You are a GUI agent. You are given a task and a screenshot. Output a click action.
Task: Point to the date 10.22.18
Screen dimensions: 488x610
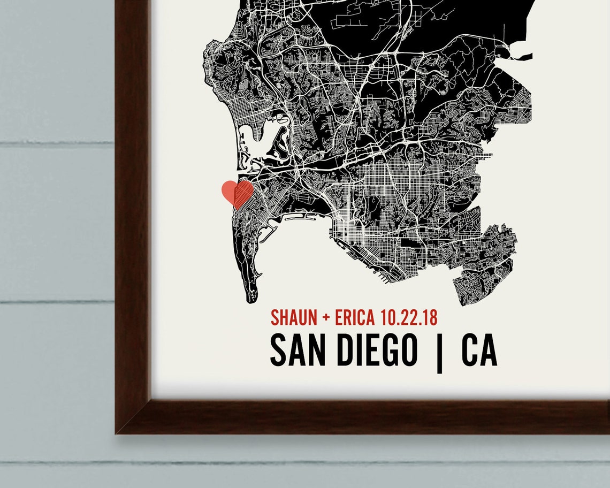click(408, 317)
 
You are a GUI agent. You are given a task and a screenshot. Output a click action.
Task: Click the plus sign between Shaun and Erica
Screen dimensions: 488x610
click(326, 318)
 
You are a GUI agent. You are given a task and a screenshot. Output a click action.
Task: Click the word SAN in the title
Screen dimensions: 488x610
click(295, 350)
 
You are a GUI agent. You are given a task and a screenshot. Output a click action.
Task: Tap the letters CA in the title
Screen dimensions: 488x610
click(479, 350)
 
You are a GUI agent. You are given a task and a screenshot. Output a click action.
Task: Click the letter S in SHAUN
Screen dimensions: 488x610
click(275, 317)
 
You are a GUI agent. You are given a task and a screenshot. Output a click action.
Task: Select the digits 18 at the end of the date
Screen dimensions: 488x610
click(430, 317)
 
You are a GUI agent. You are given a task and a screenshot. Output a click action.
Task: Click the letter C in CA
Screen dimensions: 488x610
click(470, 350)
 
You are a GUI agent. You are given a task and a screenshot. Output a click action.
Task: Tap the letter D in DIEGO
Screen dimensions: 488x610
click(346, 350)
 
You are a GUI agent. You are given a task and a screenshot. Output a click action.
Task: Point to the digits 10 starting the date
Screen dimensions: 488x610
click(387, 317)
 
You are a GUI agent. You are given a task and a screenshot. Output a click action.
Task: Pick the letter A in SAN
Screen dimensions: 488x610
click(295, 350)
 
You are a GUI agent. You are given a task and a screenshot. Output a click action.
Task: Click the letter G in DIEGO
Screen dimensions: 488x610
click(387, 350)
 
